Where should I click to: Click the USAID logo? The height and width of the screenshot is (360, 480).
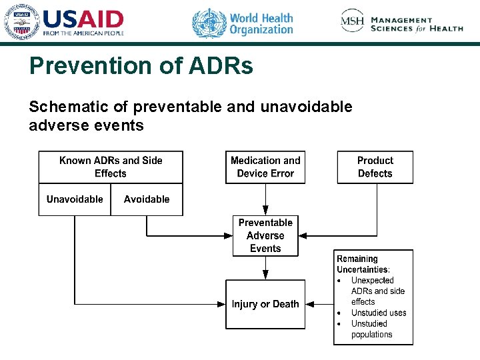click(x=65, y=22)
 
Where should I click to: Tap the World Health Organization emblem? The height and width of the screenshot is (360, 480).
click(x=209, y=23)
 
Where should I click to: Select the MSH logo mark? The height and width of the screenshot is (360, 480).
click(x=352, y=21)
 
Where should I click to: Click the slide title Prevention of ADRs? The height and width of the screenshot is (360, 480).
click(x=141, y=66)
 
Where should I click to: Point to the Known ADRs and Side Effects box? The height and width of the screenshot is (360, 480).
click(x=111, y=167)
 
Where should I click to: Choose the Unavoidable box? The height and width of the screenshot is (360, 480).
click(x=75, y=199)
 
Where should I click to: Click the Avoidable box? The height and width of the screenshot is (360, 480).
click(x=147, y=199)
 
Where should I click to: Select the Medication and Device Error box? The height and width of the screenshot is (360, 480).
click(x=265, y=167)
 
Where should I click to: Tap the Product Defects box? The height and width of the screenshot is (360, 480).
click(x=375, y=167)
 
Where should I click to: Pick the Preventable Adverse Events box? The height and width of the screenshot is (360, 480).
click(x=265, y=235)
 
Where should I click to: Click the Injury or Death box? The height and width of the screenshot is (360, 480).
click(x=265, y=304)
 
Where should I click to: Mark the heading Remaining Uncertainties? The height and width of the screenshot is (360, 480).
click(x=363, y=264)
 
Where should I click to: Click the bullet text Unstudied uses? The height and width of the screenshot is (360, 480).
click(x=379, y=313)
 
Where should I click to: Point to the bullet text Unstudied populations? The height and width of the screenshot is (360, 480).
click(x=372, y=329)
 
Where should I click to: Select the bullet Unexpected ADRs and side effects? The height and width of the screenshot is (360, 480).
click(x=377, y=291)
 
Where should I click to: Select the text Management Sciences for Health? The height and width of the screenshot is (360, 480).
click(x=417, y=25)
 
